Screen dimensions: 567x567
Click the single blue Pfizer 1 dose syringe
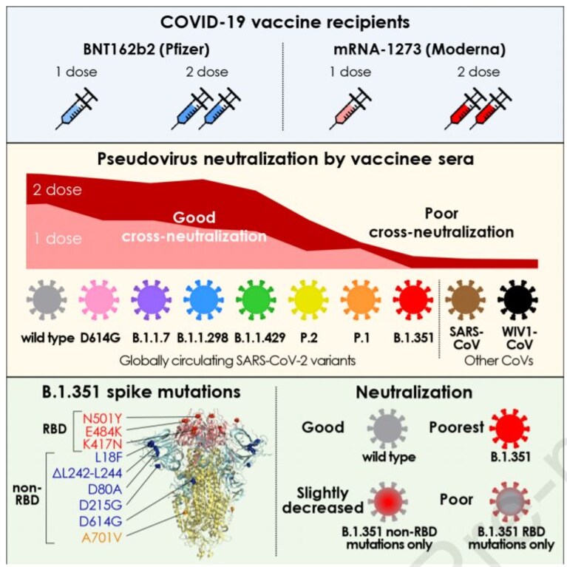tap(77, 109)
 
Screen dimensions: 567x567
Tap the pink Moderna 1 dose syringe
tap(350, 109)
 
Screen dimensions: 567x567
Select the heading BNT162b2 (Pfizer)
tap(146, 50)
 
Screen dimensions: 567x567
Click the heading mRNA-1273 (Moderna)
tap(419, 50)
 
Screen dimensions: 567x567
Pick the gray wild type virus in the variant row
tap(47, 300)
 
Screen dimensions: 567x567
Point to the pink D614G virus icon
tap(99, 300)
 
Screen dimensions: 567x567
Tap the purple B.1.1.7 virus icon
tap(151, 300)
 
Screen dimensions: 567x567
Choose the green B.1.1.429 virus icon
tap(256, 300)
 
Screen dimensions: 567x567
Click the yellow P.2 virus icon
tap(308, 300)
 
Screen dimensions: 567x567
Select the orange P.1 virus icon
tap(361, 300)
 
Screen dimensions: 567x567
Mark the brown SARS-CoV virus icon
tap(466, 300)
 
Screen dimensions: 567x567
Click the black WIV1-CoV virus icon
tap(517, 300)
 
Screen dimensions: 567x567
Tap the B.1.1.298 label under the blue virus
tap(203, 338)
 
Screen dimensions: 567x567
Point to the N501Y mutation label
tap(102, 418)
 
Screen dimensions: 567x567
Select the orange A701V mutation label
tap(102, 537)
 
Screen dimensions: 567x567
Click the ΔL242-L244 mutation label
tap(87, 473)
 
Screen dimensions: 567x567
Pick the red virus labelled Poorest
tap(509, 430)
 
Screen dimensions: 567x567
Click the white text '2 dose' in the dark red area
tap(57, 190)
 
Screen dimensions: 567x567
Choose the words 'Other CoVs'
tap(499, 361)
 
